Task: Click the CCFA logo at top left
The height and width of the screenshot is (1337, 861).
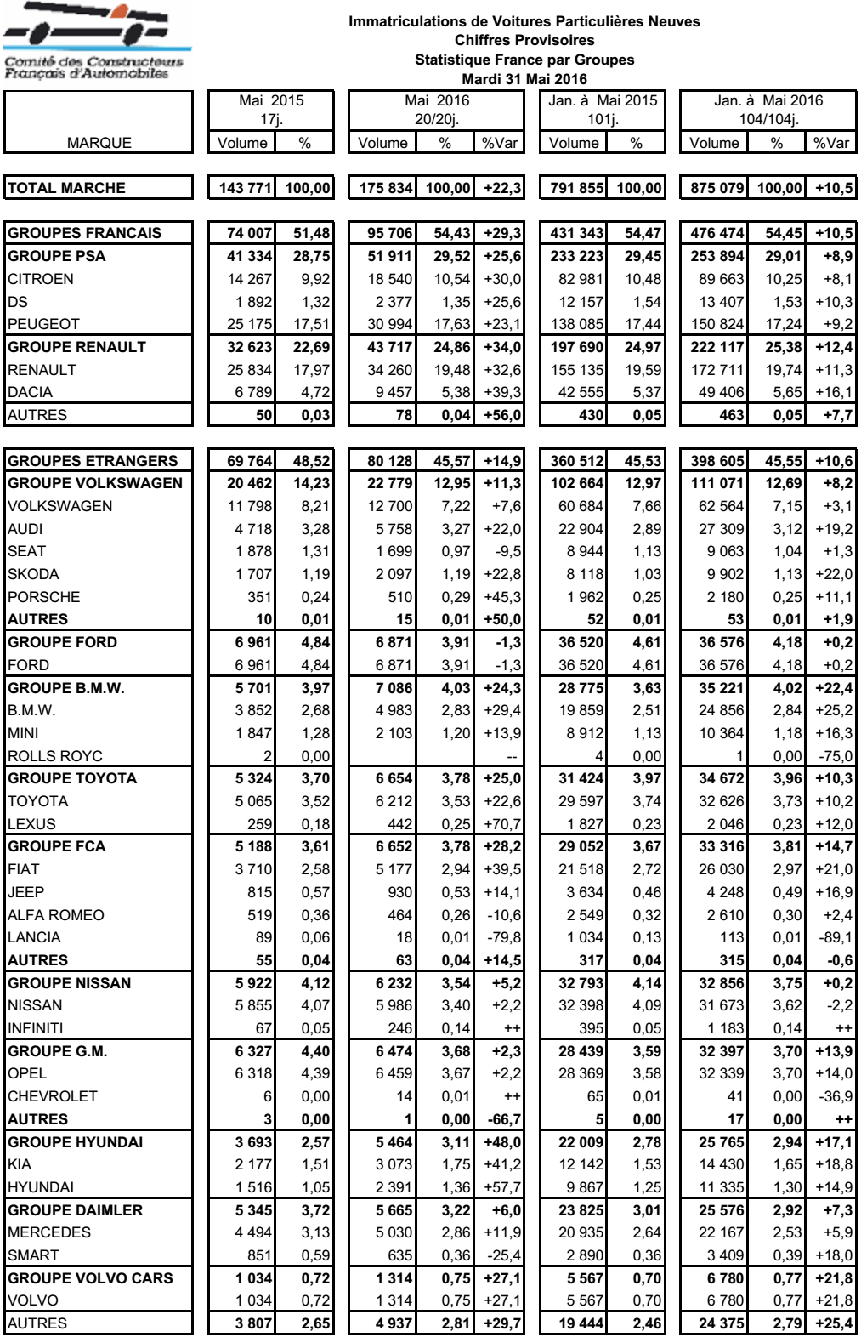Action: [95, 41]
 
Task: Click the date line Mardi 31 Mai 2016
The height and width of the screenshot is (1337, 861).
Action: [524, 79]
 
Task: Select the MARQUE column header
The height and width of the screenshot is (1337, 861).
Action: [99, 143]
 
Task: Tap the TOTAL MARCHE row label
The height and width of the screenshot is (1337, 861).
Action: [66, 188]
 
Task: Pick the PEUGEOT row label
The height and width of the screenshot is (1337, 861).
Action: [43, 324]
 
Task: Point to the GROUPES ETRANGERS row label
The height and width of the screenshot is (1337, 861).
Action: [93, 461]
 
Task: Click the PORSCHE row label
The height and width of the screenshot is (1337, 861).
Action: [43, 597]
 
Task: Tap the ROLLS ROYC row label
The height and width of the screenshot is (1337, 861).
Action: [54, 756]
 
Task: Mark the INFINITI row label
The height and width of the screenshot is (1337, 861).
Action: [35, 1028]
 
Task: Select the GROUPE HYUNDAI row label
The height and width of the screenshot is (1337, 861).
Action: [75, 1142]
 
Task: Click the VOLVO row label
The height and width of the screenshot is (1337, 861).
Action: [33, 1300]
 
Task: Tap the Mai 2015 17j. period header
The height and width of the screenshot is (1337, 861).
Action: [270, 110]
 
